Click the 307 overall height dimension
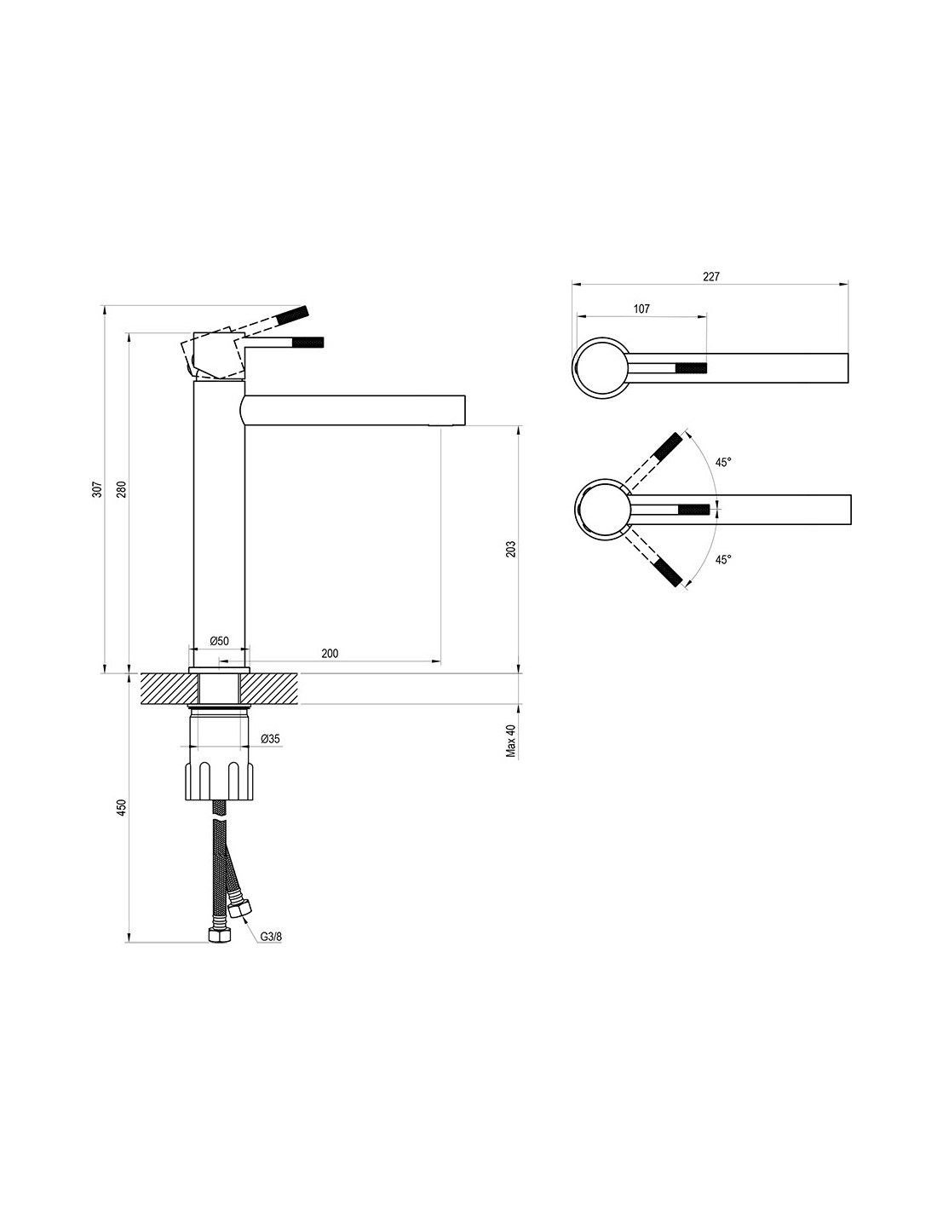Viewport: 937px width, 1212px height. click(x=97, y=489)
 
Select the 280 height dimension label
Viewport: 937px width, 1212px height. click(x=122, y=489)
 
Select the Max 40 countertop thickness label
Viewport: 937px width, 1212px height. click(x=511, y=741)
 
